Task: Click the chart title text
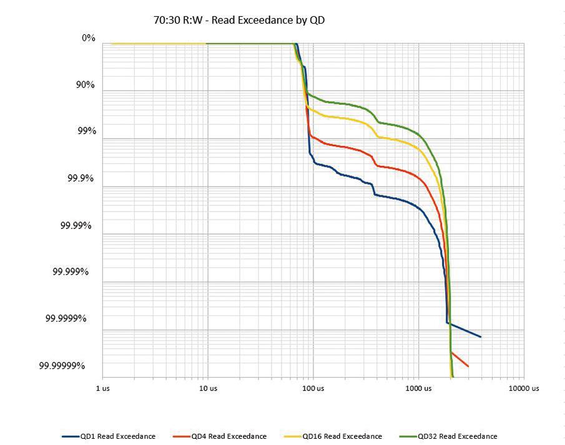tap(238, 20)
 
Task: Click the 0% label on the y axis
tap(88, 38)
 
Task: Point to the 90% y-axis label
tap(86, 85)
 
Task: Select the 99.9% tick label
tap(81, 178)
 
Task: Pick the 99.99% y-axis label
tap(76, 225)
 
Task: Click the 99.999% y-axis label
tap(71, 271)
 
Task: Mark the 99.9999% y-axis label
tap(66, 318)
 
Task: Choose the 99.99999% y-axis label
tap(62, 366)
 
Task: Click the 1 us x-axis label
tap(104, 388)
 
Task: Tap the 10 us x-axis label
tap(209, 388)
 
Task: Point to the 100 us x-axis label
tap(313, 388)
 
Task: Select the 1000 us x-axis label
tap(418, 388)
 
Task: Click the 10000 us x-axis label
tap(523, 388)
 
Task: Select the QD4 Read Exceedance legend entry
tap(228, 436)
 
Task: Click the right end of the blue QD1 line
tap(480, 336)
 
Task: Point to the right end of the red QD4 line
tap(468, 366)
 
